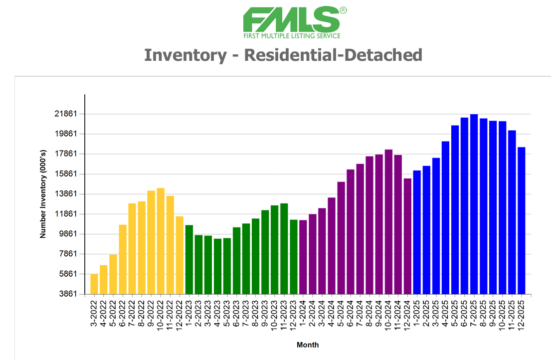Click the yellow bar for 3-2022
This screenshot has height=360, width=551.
[x=94, y=284]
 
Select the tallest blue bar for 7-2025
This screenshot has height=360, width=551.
[x=474, y=204]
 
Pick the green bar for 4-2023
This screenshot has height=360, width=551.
[x=217, y=266]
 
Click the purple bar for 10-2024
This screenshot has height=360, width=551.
[x=388, y=221]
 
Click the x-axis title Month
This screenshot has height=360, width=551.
[x=308, y=345]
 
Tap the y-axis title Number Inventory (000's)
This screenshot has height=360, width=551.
[x=43, y=194]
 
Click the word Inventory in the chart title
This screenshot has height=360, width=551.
[x=184, y=55]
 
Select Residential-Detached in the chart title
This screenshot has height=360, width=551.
[x=333, y=55]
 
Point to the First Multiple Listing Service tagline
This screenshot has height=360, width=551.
[x=292, y=36]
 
